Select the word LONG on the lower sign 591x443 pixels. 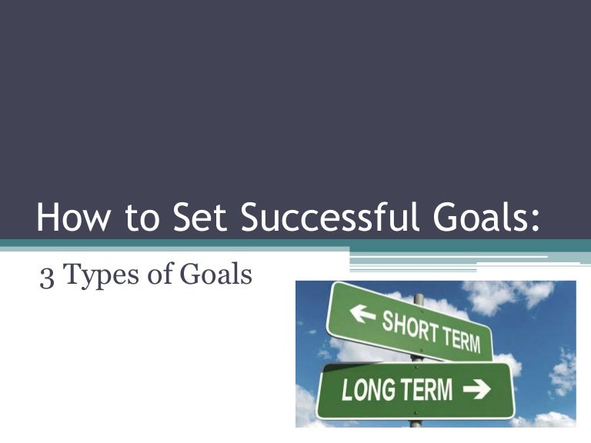coord(367,391)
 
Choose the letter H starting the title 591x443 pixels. coord(48,218)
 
